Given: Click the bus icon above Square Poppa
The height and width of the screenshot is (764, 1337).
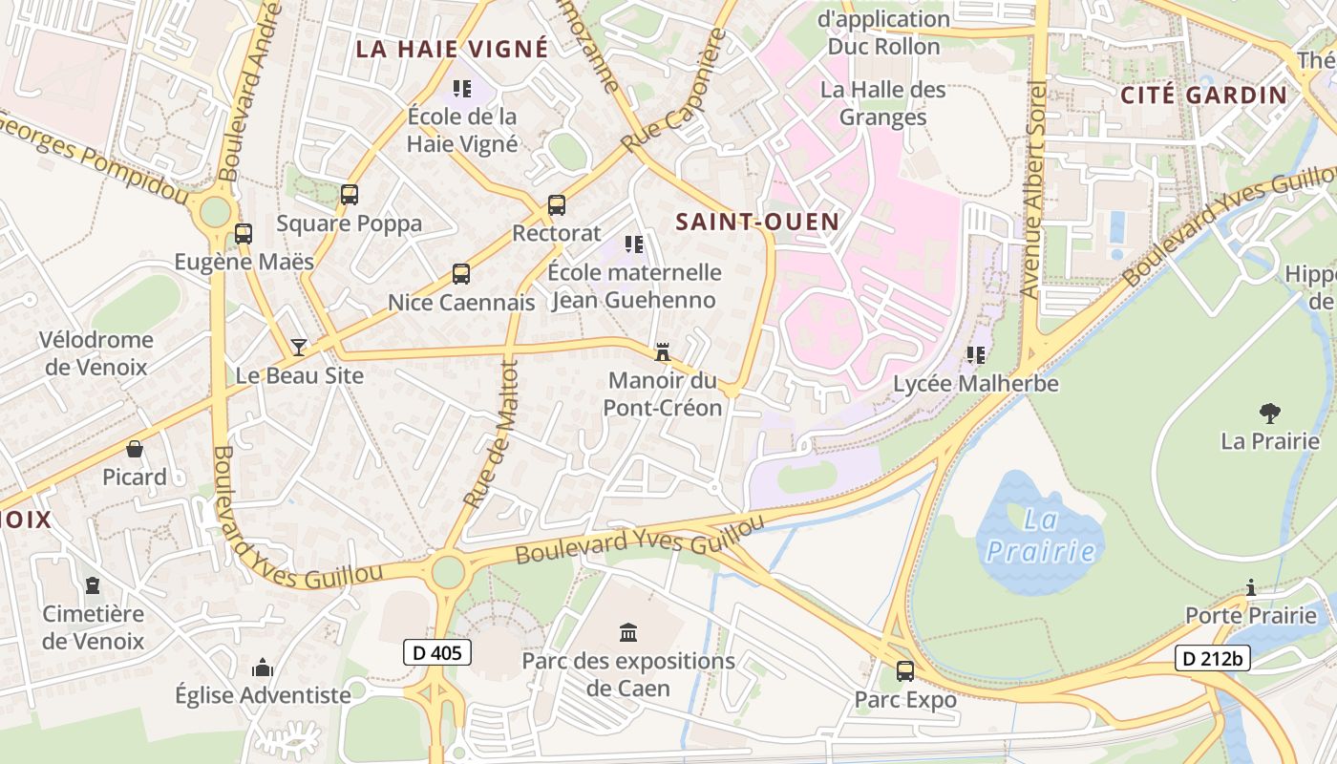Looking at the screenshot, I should [350, 195].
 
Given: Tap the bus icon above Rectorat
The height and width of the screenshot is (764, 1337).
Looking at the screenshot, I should [557, 204].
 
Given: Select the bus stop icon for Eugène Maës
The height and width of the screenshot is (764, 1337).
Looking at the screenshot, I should [244, 233].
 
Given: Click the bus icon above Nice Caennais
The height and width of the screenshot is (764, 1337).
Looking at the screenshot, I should [461, 274].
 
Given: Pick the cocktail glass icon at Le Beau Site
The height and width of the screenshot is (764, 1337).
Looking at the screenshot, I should [299, 347].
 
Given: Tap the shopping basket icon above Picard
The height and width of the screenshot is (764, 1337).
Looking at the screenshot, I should [135, 448].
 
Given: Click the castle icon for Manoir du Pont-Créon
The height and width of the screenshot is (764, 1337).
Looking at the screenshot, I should [662, 352].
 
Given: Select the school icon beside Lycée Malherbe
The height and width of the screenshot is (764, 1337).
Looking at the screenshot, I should [975, 355].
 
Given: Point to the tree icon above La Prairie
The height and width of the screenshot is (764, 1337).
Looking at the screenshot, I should [1269, 413].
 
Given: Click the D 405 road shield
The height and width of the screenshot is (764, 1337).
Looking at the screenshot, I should [437, 652].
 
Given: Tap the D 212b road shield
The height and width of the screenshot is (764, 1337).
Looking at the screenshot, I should [1212, 658].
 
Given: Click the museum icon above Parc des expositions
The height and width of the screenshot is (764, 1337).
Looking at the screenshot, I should [628, 632].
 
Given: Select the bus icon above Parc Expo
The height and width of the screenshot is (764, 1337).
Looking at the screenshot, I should [904, 671].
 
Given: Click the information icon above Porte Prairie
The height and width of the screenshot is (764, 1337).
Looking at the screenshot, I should [1251, 586].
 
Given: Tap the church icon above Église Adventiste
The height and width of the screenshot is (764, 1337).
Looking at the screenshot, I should [263, 668].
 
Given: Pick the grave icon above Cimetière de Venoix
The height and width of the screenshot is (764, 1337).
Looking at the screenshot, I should [93, 584].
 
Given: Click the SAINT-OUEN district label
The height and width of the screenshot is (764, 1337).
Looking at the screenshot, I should [757, 222].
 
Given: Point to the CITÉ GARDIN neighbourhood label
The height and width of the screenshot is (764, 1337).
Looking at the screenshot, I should [1204, 95].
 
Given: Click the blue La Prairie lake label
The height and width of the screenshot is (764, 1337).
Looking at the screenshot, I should [1041, 536].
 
